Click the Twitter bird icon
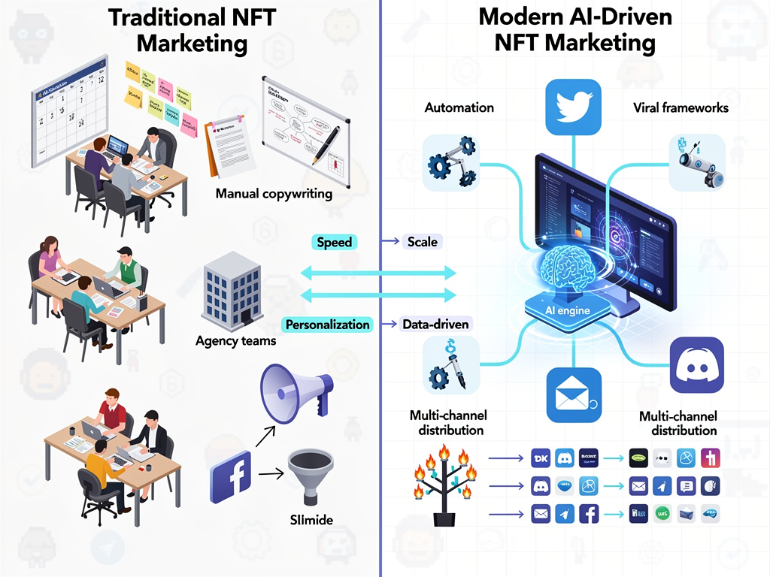574,107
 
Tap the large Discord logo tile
696,365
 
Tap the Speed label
335,242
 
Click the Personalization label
328,325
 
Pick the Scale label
422,242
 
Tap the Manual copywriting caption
274,194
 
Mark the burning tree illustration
443,485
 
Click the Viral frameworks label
681,107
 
